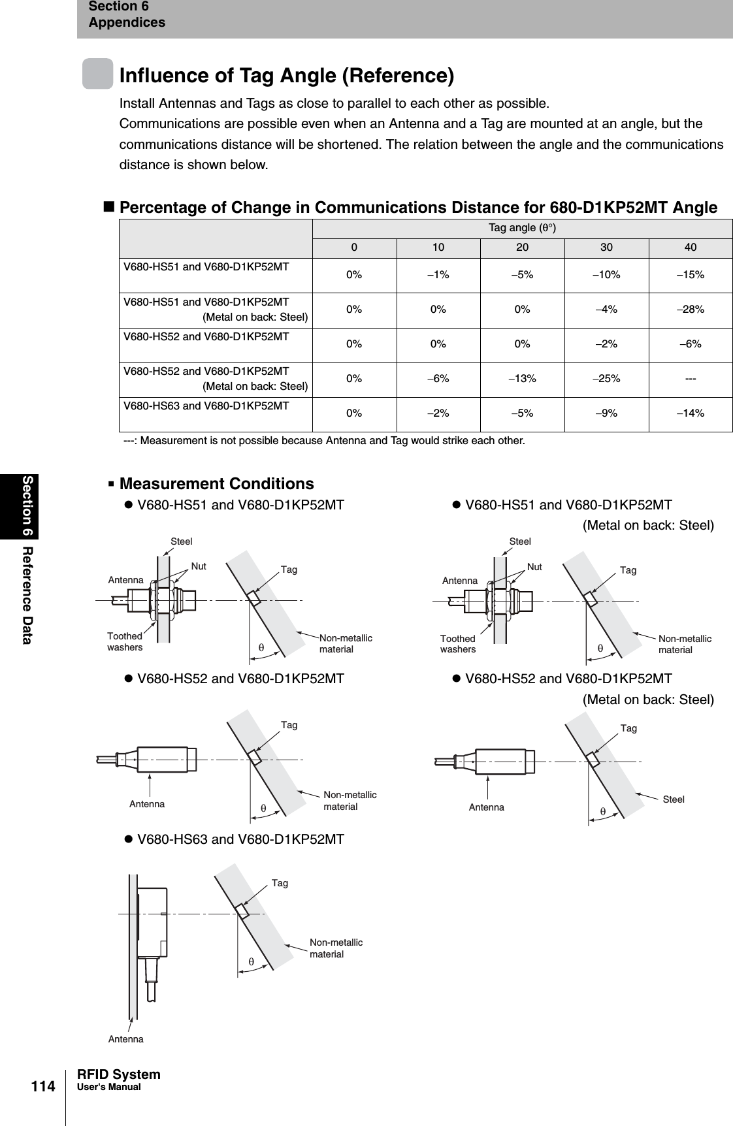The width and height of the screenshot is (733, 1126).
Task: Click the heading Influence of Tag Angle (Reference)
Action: tap(286, 75)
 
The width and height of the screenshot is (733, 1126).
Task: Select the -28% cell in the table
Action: tap(691, 309)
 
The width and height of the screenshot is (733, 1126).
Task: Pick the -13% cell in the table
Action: tap(522, 378)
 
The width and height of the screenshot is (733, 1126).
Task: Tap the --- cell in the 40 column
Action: tap(691, 378)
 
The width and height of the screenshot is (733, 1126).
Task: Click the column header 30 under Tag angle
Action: tap(606, 248)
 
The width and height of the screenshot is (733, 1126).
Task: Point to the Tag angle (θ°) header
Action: tap(522, 228)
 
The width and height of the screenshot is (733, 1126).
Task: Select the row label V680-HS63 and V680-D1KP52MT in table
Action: tap(206, 406)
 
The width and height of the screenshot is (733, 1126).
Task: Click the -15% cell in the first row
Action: tap(691, 274)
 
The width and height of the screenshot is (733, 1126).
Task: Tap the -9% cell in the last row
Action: tap(606, 413)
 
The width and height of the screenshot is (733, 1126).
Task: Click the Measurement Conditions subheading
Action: tap(216, 484)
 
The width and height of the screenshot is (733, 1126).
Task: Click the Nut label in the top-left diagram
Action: tap(199, 566)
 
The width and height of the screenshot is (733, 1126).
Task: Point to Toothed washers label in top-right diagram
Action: tap(457, 644)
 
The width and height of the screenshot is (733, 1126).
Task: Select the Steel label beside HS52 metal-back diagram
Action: tap(674, 799)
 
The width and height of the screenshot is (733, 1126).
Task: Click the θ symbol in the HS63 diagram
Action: tap(251, 961)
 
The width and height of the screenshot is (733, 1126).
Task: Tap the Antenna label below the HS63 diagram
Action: tap(125, 1038)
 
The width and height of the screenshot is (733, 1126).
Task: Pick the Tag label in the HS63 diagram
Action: tap(280, 883)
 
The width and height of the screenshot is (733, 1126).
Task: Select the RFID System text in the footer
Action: tap(118, 1074)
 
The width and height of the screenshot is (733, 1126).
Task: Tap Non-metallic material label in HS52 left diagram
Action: tap(350, 801)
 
